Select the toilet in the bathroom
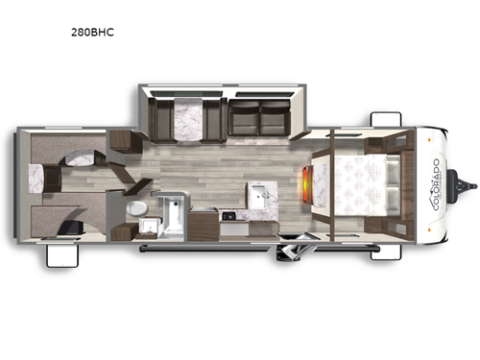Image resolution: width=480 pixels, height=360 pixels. pyautogui.click(x=137, y=207)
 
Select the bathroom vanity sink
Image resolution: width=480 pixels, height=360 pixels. pyautogui.click(x=148, y=227)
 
